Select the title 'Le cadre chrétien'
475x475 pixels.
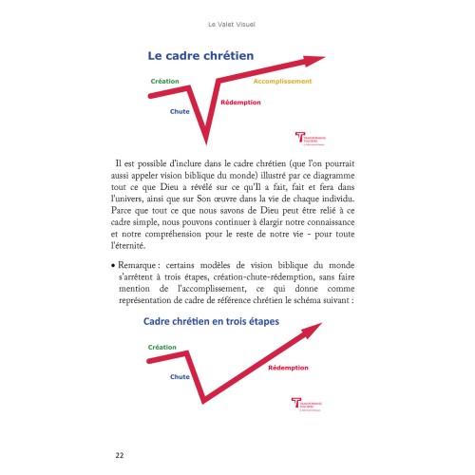(199, 56)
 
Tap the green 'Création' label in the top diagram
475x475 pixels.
(164, 82)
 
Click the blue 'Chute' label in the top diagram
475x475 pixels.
(180, 111)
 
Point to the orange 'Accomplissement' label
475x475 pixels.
(283, 82)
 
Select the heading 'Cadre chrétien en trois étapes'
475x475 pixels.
(218, 321)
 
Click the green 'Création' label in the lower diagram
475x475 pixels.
(162, 348)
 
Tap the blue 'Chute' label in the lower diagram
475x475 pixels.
(180, 377)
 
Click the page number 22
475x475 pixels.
(120, 454)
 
